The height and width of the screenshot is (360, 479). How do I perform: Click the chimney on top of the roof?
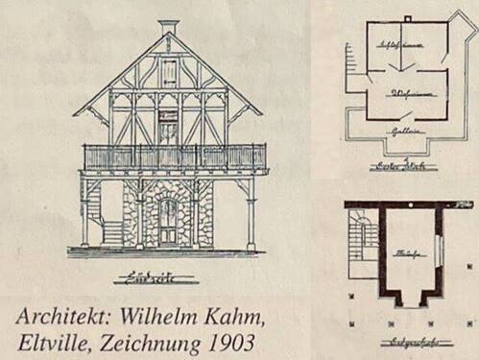pos(168,26)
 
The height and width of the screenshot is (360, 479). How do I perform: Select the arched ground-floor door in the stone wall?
pos(168,221)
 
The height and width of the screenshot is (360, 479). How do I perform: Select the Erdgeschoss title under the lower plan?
pos(408,341)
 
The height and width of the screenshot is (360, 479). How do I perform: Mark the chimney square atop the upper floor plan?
pos(407,19)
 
